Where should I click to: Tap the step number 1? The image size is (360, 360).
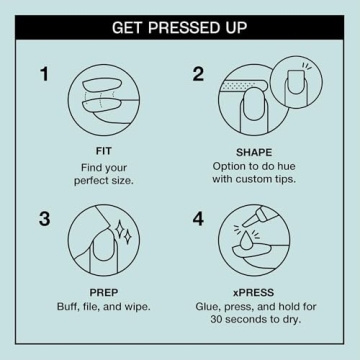pyautogui.click(x=44, y=74)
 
